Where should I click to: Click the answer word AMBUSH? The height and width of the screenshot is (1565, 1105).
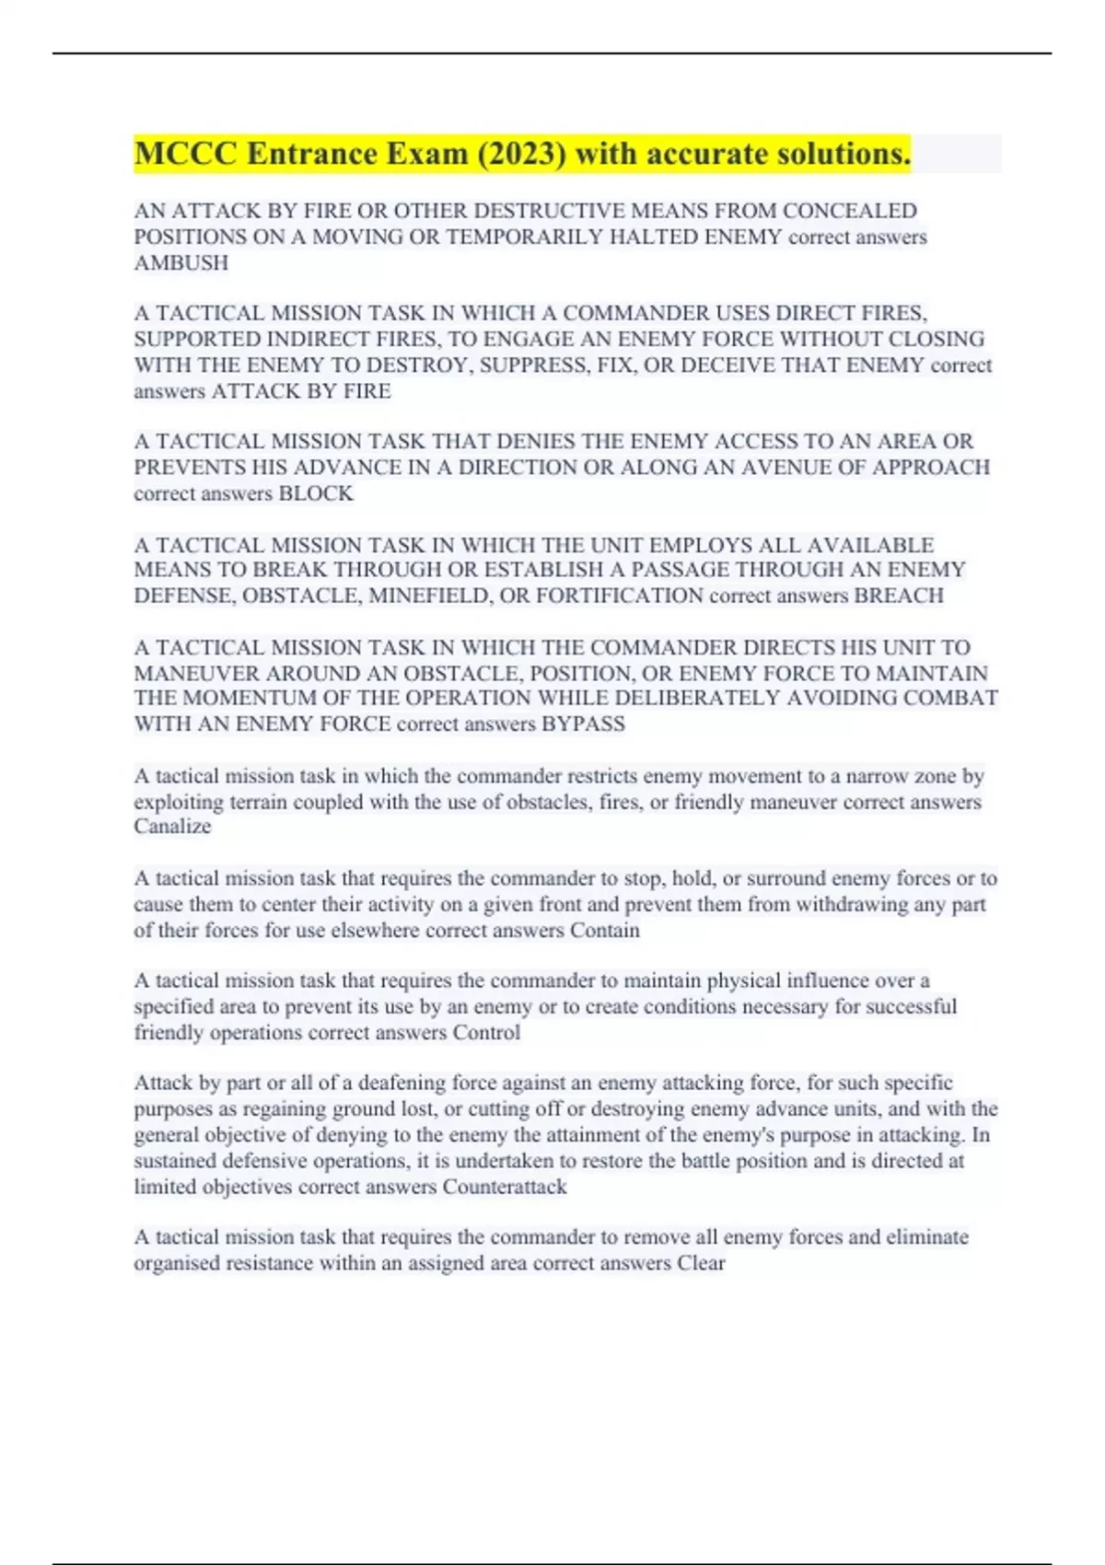tap(181, 263)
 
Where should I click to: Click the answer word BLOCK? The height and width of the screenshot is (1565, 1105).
tap(316, 493)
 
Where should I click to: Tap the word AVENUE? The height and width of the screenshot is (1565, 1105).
tap(798, 468)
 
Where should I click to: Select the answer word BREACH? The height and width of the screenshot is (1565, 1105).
tap(899, 596)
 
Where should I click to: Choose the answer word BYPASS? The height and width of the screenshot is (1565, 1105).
tap(583, 724)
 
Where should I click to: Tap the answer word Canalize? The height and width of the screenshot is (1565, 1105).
tap(172, 827)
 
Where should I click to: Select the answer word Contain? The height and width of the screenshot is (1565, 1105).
tap(604, 930)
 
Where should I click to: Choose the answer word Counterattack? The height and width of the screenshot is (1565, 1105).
tap(505, 1187)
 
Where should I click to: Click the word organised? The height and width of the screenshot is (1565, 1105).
tap(181, 1263)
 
